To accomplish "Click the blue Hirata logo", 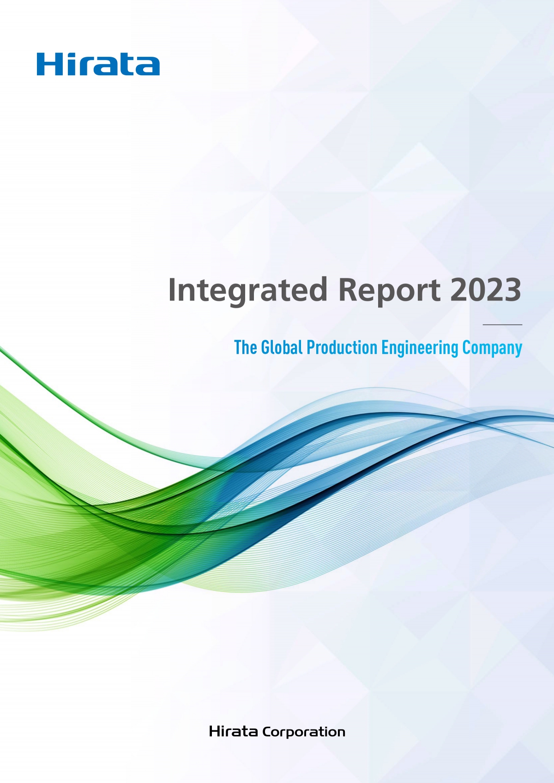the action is click(98, 64).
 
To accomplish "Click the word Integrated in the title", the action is click(248, 290).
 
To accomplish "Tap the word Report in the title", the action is click(389, 290).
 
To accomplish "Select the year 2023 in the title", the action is click(486, 289).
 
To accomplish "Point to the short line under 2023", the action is click(502, 325).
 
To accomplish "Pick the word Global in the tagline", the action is click(282, 348).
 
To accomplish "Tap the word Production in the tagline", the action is click(342, 348).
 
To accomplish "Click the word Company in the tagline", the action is click(492, 349).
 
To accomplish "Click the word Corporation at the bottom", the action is click(304, 732).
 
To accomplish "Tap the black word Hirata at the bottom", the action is click(234, 731).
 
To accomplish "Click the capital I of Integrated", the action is click(172, 289).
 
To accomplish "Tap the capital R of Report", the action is click(348, 289).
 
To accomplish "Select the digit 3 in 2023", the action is click(513, 289).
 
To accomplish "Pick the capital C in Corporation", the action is click(267, 732).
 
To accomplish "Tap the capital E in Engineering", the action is click(385, 348).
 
